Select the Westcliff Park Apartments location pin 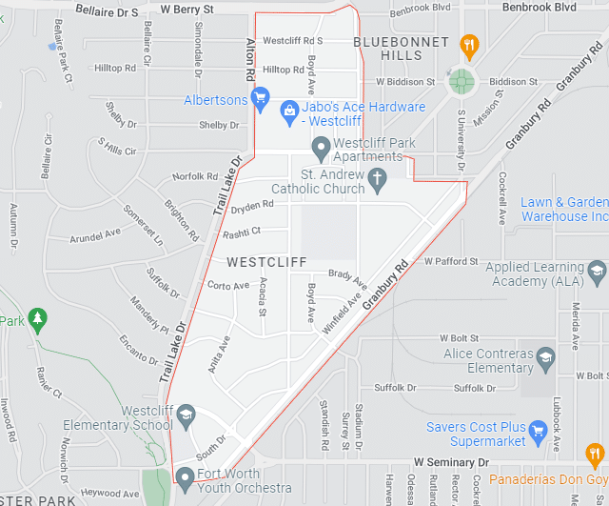[322, 147]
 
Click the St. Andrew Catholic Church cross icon [377, 178]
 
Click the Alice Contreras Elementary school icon [545, 359]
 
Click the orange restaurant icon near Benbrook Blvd [468, 44]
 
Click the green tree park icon [37, 317]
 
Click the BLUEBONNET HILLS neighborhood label [401, 49]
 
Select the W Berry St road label [187, 9]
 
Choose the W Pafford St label [451, 260]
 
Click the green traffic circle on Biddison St [462, 82]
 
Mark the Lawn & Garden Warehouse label [564, 209]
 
